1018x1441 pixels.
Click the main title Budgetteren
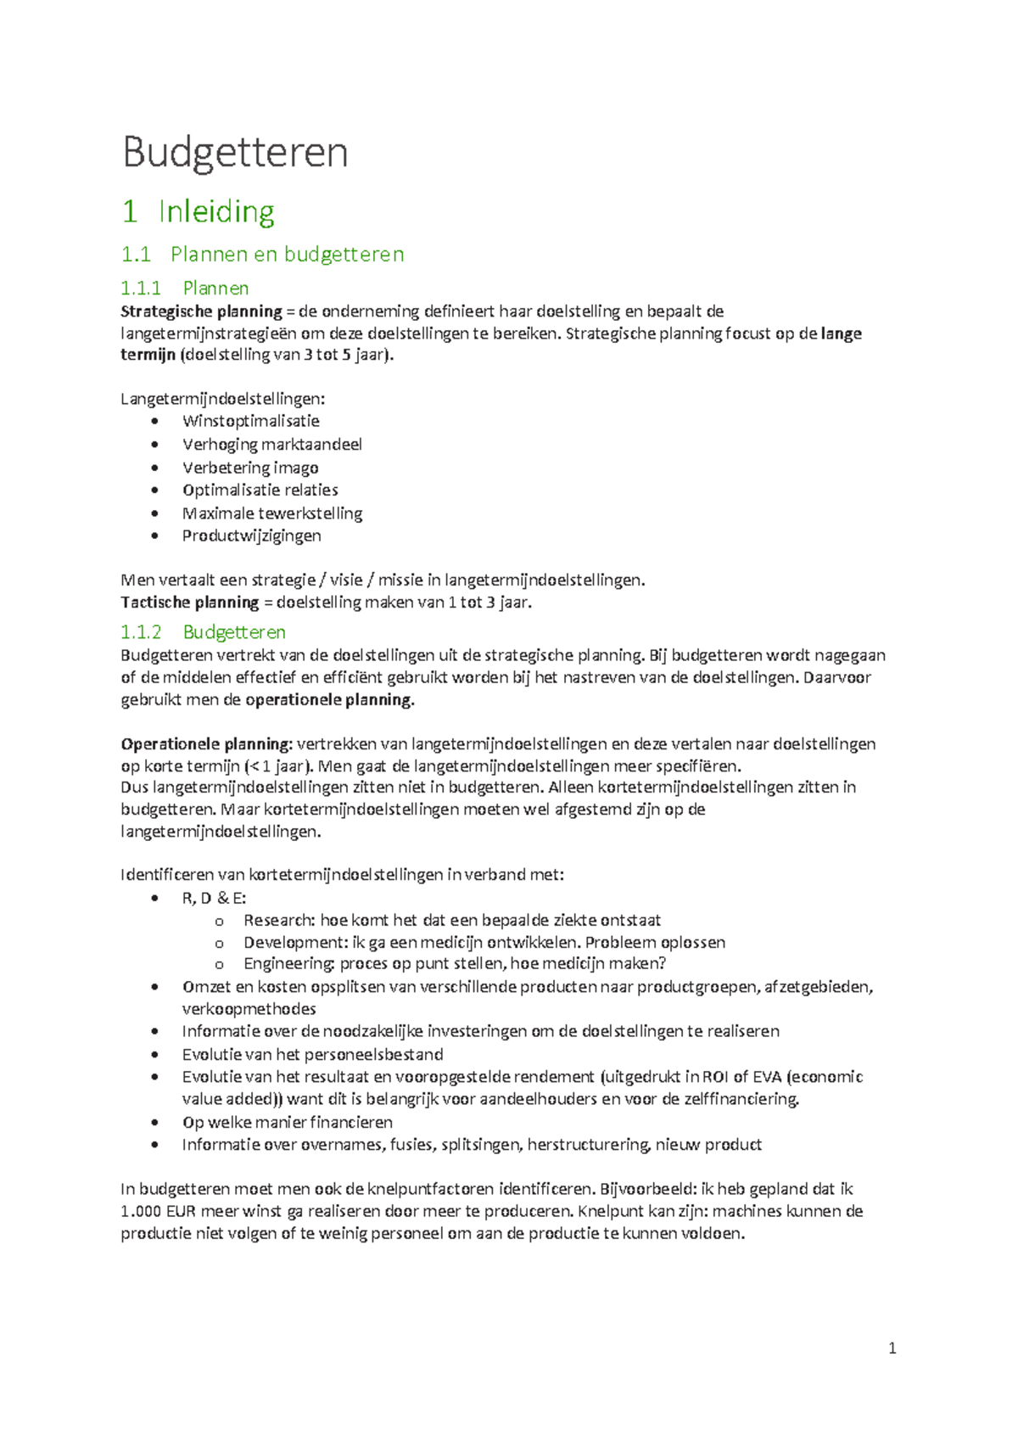pos(235,153)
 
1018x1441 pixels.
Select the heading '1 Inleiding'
pos(199,211)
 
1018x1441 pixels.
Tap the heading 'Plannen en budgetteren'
pos(287,254)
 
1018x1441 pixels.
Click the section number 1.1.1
pos(141,289)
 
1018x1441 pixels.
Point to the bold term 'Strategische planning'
pos(201,311)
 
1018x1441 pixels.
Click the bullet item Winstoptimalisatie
pos(250,421)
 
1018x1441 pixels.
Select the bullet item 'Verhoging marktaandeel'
pos(271,445)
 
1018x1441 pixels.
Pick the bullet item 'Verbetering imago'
pos(250,468)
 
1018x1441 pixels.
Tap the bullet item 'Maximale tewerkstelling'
pos(271,513)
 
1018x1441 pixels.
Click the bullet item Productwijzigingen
pos(251,535)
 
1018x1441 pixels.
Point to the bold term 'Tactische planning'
pos(190,603)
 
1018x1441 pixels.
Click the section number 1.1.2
pos(141,632)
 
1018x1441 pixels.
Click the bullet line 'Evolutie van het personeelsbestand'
pos(312,1054)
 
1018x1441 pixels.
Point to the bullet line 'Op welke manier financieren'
pos(287,1122)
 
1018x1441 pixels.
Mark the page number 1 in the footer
pos(892,1348)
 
